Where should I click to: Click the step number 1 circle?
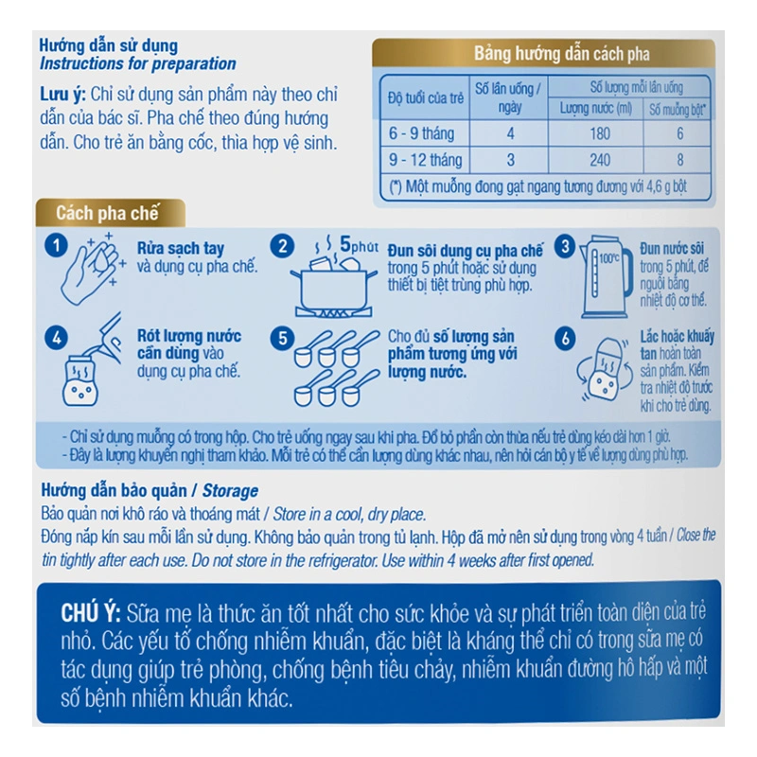(x=56, y=246)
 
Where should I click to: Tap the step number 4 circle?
(x=56, y=338)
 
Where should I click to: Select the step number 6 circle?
(x=565, y=339)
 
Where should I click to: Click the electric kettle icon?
(x=607, y=276)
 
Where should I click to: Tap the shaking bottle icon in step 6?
(x=605, y=369)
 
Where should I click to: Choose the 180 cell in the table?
(x=600, y=133)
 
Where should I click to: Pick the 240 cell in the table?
(x=600, y=160)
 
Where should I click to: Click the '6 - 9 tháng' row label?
(x=421, y=133)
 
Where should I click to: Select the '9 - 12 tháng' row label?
(x=425, y=160)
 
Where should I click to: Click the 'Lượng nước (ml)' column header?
(x=596, y=109)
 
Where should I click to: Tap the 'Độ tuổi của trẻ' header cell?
(x=425, y=98)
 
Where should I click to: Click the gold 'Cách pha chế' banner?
(x=111, y=213)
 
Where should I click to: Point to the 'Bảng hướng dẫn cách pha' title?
(x=561, y=54)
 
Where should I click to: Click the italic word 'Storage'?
(x=230, y=491)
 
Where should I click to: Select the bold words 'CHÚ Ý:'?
(x=90, y=613)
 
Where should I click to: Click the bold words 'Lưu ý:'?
(x=62, y=95)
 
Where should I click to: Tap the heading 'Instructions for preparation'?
(x=137, y=63)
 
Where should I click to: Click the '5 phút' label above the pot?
(x=359, y=244)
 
